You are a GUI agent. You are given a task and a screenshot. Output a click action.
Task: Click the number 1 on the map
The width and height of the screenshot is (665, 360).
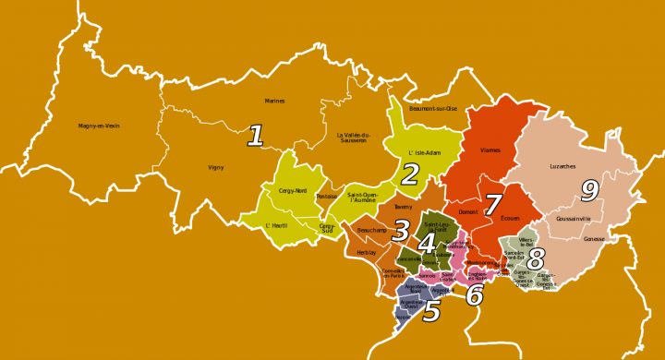[x=256, y=138]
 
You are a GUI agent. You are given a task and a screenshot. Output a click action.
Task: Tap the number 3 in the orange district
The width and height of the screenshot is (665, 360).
[x=401, y=230]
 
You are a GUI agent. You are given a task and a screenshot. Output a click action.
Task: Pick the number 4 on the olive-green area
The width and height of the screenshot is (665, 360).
[x=426, y=244]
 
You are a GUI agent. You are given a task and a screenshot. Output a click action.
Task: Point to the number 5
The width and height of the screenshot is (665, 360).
[x=431, y=311]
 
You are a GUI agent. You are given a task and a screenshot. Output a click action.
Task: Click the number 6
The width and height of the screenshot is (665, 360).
[x=475, y=295]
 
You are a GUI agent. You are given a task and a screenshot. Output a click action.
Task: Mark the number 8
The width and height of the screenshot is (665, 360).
[x=536, y=258]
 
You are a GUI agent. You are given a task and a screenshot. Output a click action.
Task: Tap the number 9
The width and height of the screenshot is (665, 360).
[x=587, y=191]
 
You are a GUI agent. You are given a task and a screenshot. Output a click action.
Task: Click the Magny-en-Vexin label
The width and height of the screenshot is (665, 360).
[x=99, y=126]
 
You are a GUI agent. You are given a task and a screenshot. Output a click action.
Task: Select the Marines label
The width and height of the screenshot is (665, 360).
[x=275, y=101]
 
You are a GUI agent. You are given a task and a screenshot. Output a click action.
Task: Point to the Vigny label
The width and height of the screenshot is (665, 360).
[x=216, y=167]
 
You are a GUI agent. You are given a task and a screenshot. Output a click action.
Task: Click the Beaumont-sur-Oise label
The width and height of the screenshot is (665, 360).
[x=434, y=108]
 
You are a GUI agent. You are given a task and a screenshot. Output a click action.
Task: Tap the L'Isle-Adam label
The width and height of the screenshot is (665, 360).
[x=423, y=152]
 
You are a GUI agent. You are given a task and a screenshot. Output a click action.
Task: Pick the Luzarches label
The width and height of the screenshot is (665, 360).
[x=562, y=167]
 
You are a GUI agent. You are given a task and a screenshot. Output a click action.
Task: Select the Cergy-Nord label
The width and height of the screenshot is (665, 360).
[x=279, y=190]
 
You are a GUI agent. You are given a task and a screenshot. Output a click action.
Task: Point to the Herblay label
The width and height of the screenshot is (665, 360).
[x=368, y=252]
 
